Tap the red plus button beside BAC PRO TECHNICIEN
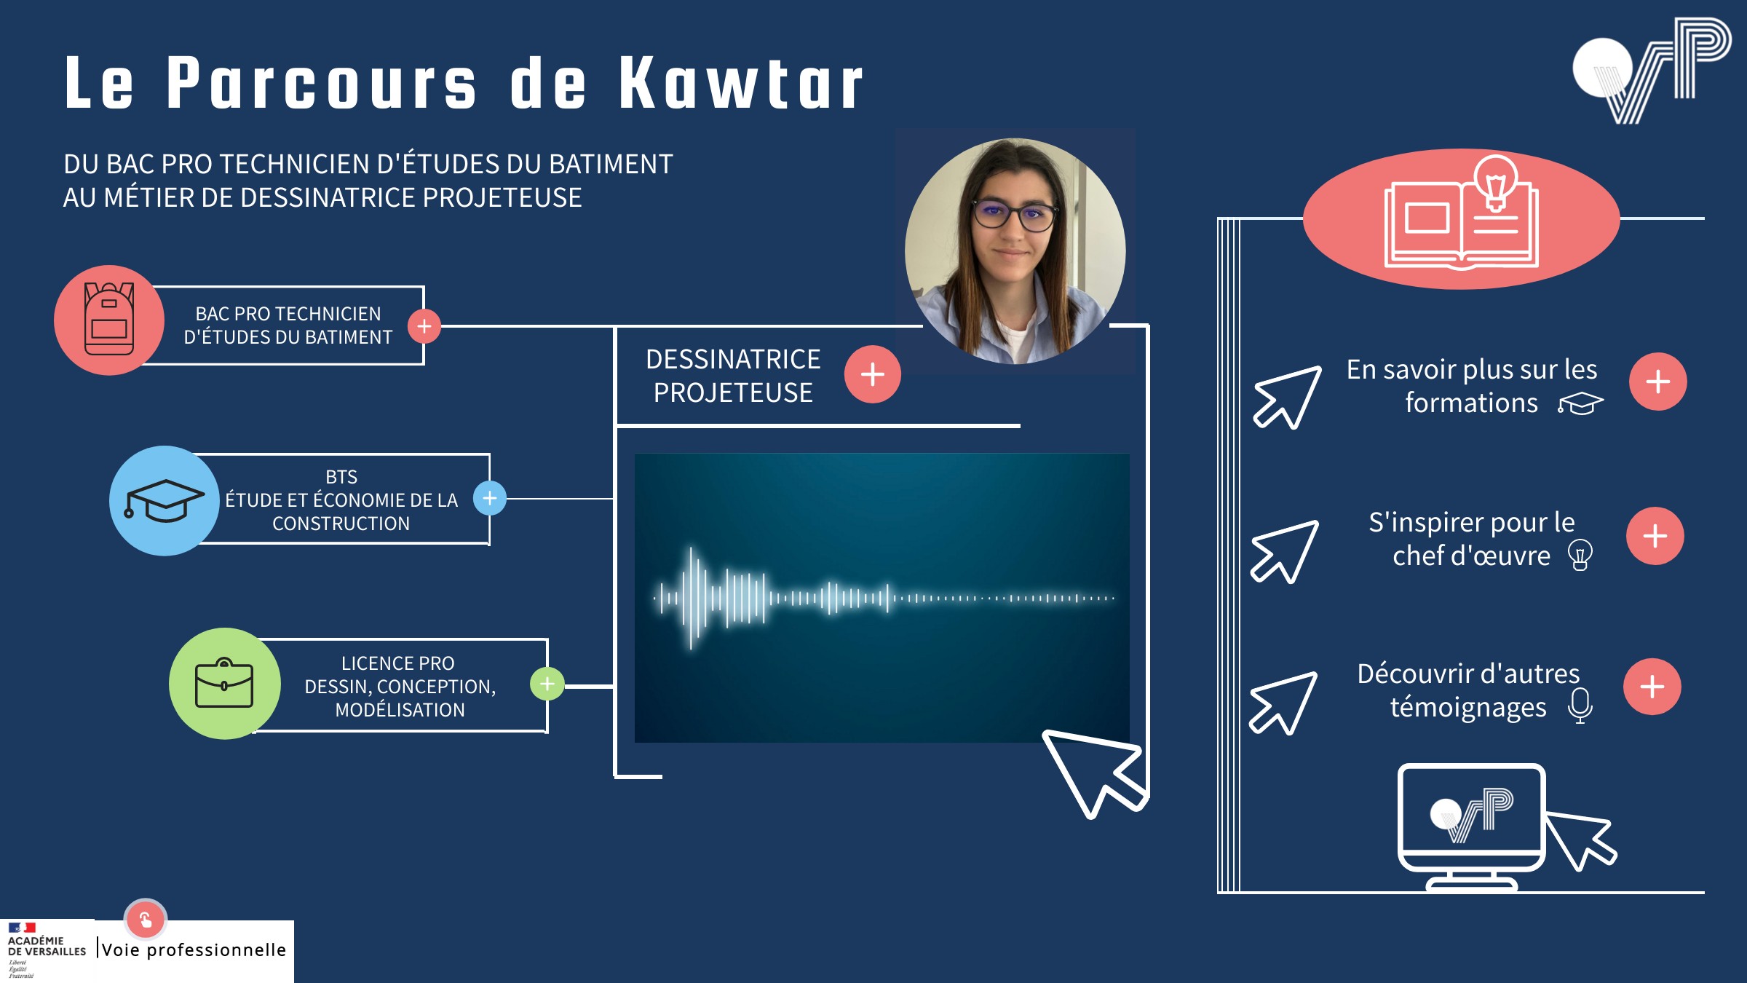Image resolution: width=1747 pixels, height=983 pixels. tap(424, 326)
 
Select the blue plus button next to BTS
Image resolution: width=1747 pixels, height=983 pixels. tap(490, 498)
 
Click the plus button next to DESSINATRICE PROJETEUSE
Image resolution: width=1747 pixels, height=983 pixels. tap(873, 374)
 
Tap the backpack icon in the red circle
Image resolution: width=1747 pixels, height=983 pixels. tap(109, 319)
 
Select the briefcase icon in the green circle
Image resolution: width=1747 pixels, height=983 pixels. tap(224, 683)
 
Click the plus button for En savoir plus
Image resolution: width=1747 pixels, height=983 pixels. tap(1658, 382)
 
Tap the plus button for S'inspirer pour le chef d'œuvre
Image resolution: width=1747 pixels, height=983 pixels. tap(1655, 536)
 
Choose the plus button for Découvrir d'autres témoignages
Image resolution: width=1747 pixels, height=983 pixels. tap(1652, 687)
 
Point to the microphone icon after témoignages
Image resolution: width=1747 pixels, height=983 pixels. tap(1580, 706)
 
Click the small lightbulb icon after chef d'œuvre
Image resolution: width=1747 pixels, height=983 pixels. tap(1580, 555)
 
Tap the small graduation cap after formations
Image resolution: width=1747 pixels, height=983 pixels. tap(1580, 403)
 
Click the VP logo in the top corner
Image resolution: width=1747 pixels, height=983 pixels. tap(1652, 71)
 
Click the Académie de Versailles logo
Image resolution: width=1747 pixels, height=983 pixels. tap(47, 950)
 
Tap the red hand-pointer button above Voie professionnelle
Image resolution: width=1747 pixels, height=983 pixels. tap(146, 920)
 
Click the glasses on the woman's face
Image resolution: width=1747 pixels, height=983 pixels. tap(1015, 216)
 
